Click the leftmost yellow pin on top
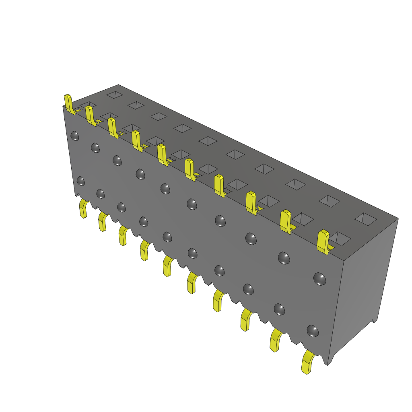[x=68, y=103]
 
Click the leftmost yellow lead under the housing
[x=83, y=208]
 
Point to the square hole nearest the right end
[x=365, y=219]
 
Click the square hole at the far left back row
[x=115, y=95]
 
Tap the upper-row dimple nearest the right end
[x=319, y=278]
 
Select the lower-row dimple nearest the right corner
[x=313, y=331]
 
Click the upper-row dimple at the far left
[x=75, y=136]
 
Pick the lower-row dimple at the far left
[x=81, y=181]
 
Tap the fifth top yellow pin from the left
[x=162, y=154]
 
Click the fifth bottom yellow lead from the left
[x=167, y=266]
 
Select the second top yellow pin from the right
[x=286, y=221]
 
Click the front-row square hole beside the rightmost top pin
[x=340, y=238]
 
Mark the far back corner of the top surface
[x=118, y=85]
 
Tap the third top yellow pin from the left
[x=113, y=128]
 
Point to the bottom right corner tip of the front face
[x=328, y=365]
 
